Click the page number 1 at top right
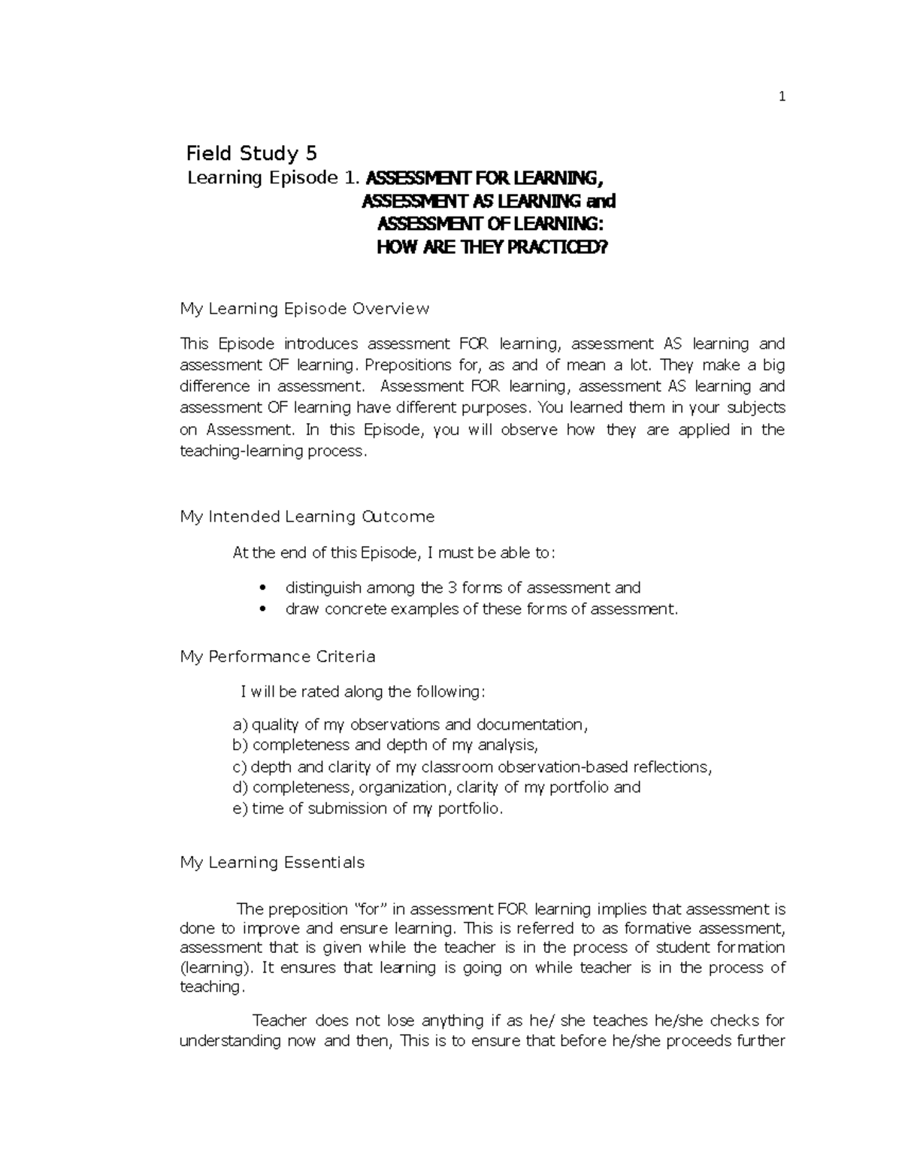(x=782, y=96)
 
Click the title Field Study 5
(x=251, y=154)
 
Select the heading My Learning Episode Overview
(x=304, y=309)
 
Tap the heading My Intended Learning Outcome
(x=307, y=517)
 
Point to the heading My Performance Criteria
(x=277, y=657)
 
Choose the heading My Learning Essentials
(x=272, y=863)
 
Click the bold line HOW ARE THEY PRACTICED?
(x=490, y=246)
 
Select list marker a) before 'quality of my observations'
(x=240, y=725)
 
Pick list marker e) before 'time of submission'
(x=240, y=809)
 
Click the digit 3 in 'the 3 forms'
(x=452, y=588)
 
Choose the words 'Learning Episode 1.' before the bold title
(x=274, y=178)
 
